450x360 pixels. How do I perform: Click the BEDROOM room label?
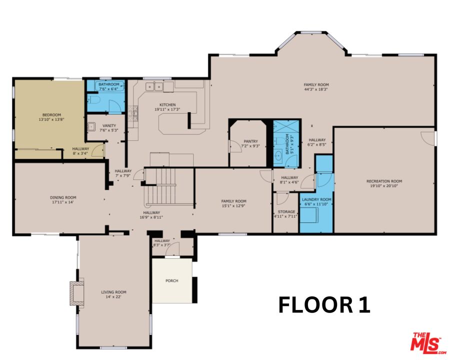click(51, 114)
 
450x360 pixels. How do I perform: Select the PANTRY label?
click(250, 141)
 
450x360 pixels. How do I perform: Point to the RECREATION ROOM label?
click(384, 181)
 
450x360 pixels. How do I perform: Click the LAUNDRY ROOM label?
click(316, 199)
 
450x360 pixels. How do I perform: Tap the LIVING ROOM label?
click(114, 292)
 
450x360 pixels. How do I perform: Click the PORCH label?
click(172, 280)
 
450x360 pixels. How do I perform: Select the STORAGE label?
click(286, 211)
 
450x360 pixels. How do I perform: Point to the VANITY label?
click(109, 125)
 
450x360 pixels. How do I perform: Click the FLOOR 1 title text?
click(324, 305)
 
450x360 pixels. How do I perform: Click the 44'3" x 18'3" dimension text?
click(316, 90)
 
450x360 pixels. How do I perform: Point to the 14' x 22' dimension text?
click(114, 297)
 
